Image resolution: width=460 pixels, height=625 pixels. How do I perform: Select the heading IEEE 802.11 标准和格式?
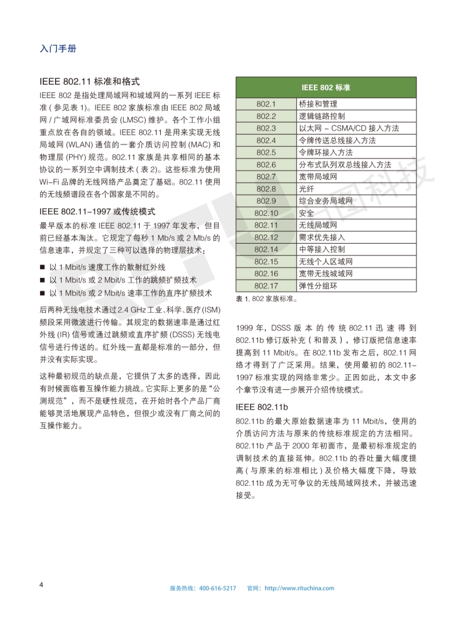point(90,82)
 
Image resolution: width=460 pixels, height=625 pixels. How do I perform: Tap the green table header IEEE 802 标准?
point(325,88)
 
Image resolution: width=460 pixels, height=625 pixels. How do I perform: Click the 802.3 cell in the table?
point(266,128)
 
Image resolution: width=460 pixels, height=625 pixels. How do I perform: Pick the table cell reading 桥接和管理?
point(317,104)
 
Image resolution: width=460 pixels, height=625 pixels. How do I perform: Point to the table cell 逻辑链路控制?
point(321,116)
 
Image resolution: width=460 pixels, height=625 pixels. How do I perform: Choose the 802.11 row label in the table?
point(266,225)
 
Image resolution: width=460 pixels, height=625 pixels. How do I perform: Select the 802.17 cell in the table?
point(266,286)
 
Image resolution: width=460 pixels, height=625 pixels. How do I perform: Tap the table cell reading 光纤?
point(306,189)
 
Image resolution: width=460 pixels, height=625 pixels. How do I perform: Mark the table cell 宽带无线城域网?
point(325,273)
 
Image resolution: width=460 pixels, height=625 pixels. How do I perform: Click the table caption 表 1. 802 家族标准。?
point(266,299)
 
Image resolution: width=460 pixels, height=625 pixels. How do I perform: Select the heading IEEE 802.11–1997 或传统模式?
point(97,212)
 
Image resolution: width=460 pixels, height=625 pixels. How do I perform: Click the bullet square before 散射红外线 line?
point(42,267)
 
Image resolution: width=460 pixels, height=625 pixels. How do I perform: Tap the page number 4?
point(41,583)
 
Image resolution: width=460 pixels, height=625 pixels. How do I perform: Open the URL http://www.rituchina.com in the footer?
point(299,588)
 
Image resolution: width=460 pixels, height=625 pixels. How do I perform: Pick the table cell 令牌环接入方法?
point(325,153)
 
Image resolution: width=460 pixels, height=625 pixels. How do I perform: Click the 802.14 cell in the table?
point(266,249)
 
